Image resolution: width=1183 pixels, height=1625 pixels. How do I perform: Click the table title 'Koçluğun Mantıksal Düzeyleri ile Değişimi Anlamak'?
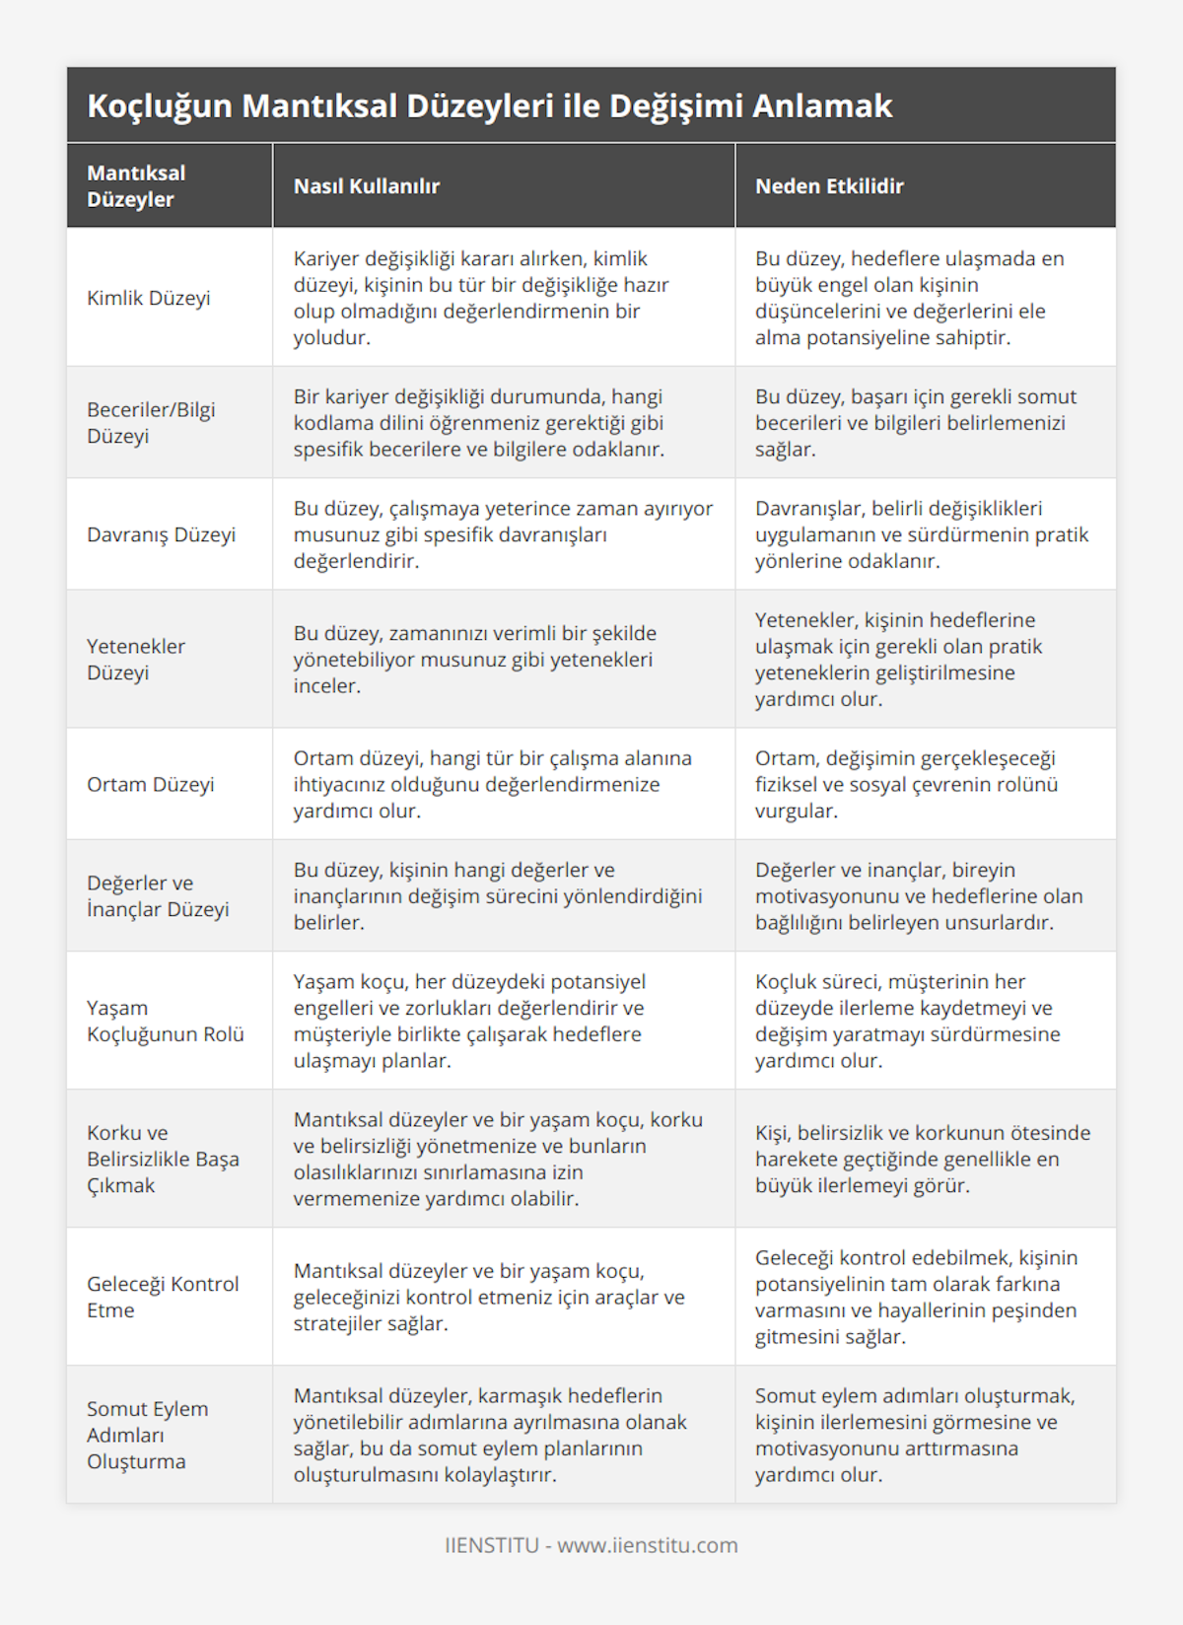[x=490, y=106]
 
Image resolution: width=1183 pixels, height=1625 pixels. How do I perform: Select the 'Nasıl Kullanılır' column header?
[x=367, y=186]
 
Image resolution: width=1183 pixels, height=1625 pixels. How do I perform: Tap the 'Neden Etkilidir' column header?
[x=829, y=186]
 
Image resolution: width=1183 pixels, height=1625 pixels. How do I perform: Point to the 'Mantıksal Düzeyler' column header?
[x=136, y=186]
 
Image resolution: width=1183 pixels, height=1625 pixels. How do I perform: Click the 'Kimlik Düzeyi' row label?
[x=149, y=298]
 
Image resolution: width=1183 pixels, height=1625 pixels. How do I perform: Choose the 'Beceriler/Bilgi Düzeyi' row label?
[x=151, y=422]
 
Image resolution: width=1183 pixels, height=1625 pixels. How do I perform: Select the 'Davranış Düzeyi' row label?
[x=162, y=534]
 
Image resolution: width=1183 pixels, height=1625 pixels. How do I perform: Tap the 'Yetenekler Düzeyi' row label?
[x=136, y=659]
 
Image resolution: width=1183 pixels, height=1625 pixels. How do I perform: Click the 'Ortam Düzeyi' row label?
[x=151, y=784]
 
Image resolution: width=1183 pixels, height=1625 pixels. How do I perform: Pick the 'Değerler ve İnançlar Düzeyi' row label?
[x=158, y=895]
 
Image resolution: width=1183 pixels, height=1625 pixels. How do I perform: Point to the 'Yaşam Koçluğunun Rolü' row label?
[x=166, y=1021]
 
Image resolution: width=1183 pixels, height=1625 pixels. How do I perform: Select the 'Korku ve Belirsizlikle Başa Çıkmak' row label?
[x=163, y=1159]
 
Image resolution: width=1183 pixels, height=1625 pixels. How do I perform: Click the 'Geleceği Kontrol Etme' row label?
[x=163, y=1297]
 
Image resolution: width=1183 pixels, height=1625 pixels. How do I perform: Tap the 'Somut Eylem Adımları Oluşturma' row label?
[x=148, y=1435]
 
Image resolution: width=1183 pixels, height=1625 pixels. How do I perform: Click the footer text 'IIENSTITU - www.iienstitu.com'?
[x=591, y=1545]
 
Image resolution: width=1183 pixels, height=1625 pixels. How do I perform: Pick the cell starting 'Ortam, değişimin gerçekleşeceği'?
[x=906, y=784]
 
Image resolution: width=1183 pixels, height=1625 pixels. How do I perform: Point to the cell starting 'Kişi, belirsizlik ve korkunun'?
[x=923, y=1159]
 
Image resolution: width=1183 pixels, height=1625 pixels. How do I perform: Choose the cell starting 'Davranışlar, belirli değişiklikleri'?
[x=922, y=534]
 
